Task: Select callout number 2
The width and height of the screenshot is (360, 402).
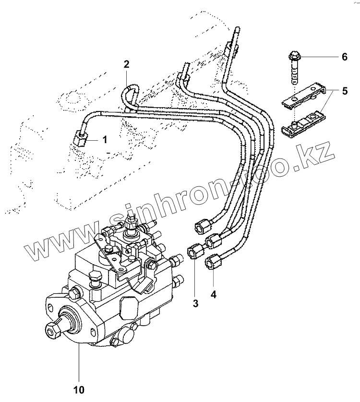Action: click(x=127, y=64)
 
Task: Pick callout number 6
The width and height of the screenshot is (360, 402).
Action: click(x=344, y=57)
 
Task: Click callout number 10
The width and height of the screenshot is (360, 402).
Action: click(x=79, y=388)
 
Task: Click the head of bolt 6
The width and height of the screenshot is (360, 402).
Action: click(x=294, y=55)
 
